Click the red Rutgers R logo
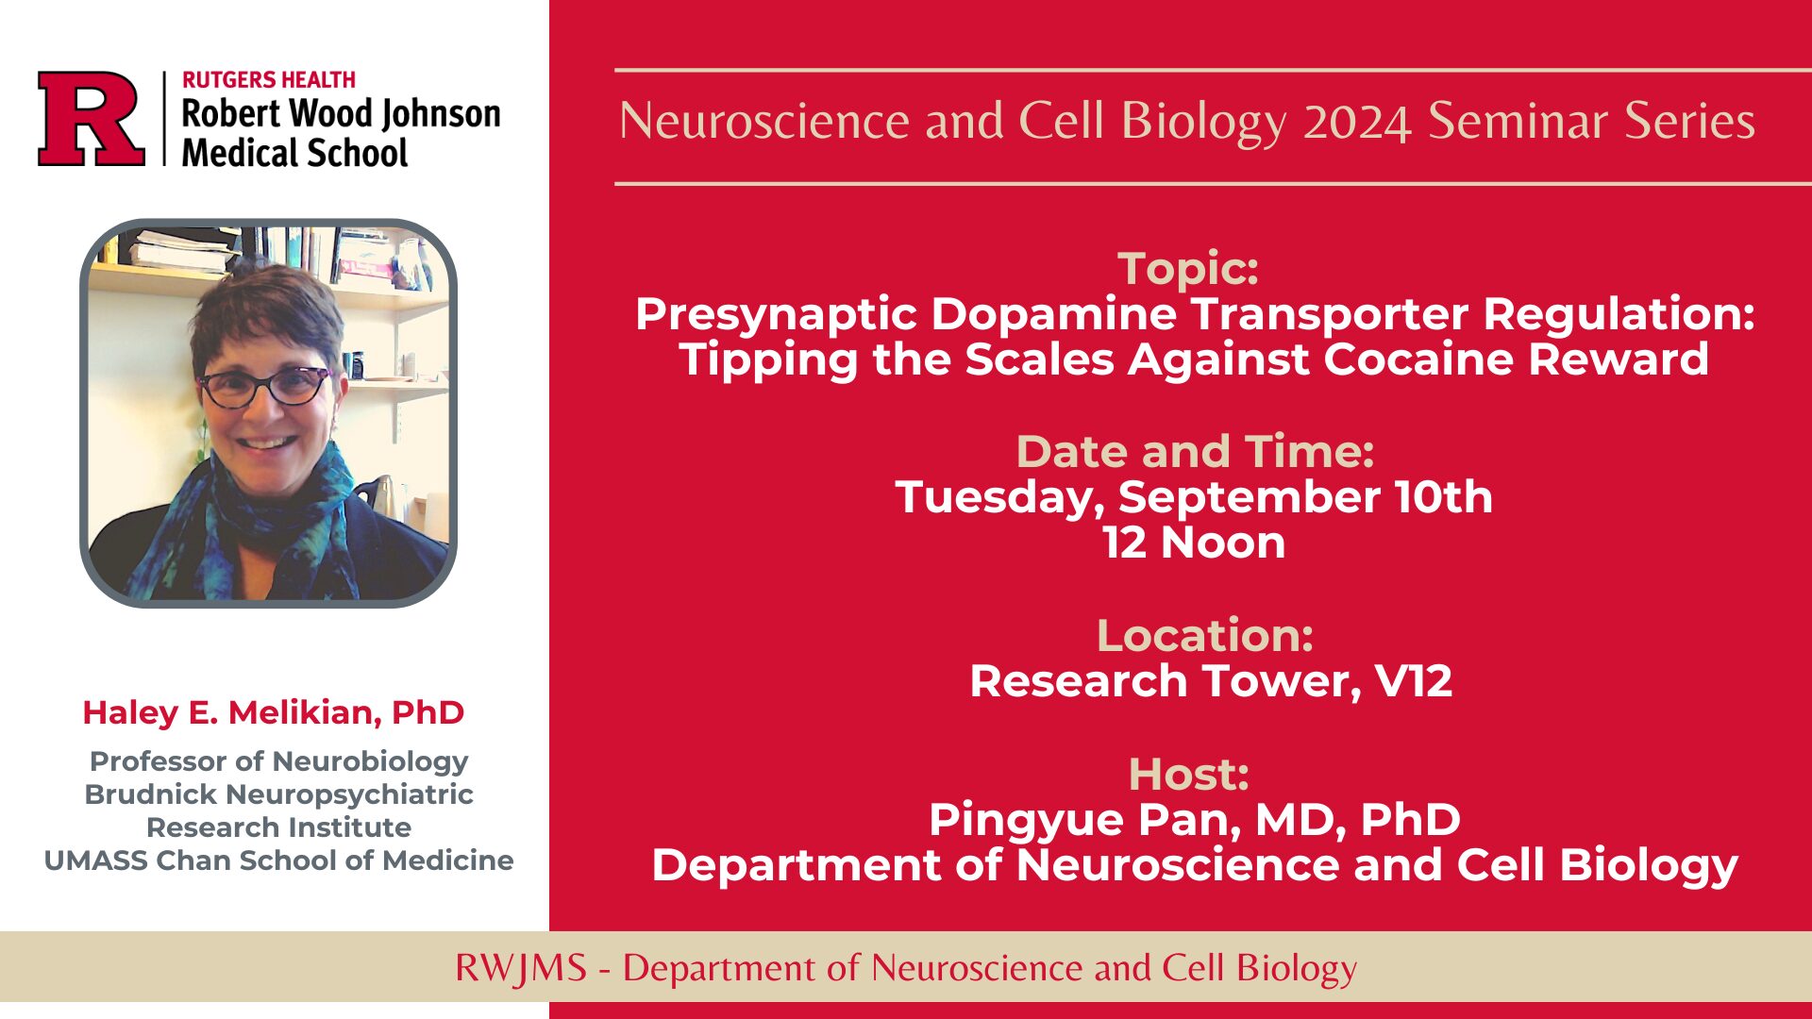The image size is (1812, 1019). (x=92, y=119)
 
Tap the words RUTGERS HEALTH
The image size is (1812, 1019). (x=269, y=80)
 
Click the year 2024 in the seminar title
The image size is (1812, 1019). (x=1357, y=123)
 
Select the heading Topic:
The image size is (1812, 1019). (x=1188, y=268)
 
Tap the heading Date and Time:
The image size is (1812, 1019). (x=1195, y=451)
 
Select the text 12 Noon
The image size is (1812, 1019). (x=1194, y=543)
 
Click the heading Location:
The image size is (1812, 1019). (x=1204, y=635)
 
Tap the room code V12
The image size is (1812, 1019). (x=1414, y=680)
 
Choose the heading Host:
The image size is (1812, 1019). (x=1189, y=774)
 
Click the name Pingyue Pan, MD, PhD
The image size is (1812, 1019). (x=1195, y=819)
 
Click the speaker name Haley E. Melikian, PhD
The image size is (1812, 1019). (x=274, y=712)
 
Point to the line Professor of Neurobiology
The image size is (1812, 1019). (x=278, y=760)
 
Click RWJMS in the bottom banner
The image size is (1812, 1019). (x=520, y=968)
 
